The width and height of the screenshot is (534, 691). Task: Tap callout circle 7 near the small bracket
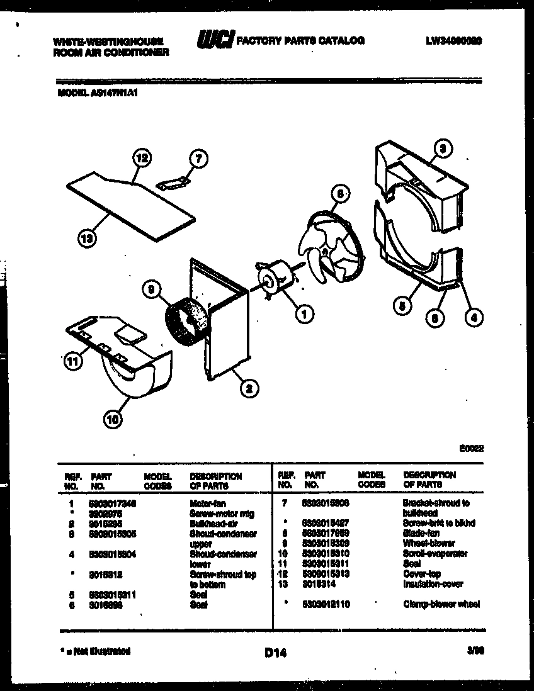tap(198, 159)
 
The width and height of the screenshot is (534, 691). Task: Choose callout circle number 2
tap(249, 388)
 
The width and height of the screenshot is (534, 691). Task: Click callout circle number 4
tap(474, 318)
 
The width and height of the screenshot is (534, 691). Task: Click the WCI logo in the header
tap(215, 41)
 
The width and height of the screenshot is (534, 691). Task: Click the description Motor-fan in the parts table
tap(207, 504)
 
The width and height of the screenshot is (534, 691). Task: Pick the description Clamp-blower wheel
tap(441, 604)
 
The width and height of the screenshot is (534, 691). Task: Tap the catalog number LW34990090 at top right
tap(453, 40)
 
